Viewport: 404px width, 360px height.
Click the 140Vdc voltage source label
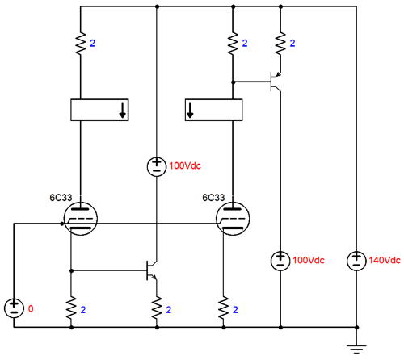click(x=385, y=260)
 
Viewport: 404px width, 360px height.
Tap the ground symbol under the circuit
click(x=356, y=349)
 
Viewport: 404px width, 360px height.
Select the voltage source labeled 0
click(x=14, y=308)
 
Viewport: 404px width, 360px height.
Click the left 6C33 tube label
click(x=61, y=198)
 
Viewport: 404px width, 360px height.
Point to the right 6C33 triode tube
click(x=233, y=219)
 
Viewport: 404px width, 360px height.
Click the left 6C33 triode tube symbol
click(x=80, y=219)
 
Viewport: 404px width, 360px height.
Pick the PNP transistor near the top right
click(x=276, y=82)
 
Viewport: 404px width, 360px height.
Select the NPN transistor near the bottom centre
click(x=152, y=270)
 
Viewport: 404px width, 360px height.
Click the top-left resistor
click(x=81, y=44)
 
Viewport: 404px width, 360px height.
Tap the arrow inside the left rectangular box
click(x=123, y=110)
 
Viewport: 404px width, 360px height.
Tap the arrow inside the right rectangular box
click(x=190, y=110)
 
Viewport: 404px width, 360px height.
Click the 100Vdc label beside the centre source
click(x=185, y=165)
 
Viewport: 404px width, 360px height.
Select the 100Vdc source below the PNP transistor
click(x=280, y=261)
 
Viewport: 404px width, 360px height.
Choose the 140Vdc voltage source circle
click(x=356, y=261)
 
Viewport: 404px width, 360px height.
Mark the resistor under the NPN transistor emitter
click(x=157, y=308)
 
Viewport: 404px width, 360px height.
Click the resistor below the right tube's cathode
click(x=224, y=308)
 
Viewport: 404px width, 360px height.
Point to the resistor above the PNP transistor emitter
click(x=280, y=44)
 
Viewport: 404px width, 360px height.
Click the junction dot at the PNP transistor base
click(x=234, y=82)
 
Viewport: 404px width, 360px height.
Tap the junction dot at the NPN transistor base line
click(x=71, y=270)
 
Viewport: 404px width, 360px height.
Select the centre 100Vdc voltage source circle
click(x=157, y=167)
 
